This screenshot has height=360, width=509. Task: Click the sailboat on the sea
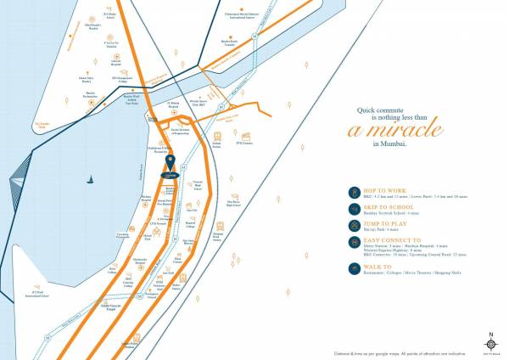(x=91, y=178)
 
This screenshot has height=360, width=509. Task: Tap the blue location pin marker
(x=171, y=162)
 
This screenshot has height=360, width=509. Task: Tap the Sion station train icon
(x=218, y=136)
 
